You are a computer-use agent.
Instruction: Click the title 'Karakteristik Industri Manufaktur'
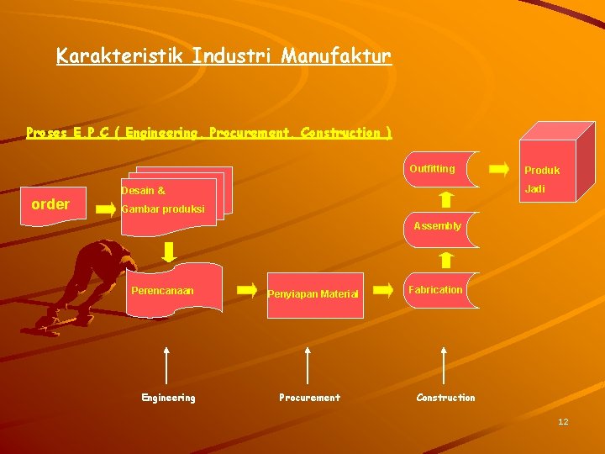pyautogui.click(x=224, y=56)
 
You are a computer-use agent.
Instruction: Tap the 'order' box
pyautogui.click(x=50, y=204)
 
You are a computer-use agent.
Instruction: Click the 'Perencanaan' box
pyautogui.click(x=174, y=291)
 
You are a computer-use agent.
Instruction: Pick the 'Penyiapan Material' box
pyautogui.click(x=313, y=294)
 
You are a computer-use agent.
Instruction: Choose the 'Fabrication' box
pyautogui.click(x=439, y=290)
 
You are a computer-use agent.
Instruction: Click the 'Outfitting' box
pyautogui.click(x=439, y=169)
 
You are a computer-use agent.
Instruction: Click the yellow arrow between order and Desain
pyautogui.click(x=106, y=208)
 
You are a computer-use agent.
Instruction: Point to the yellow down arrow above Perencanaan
pyautogui.click(x=169, y=251)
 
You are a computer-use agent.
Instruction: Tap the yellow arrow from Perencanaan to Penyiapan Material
pyautogui.click(x=247, y=290)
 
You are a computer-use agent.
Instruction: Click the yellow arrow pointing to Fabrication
pyautogui.click(x=382, y=290)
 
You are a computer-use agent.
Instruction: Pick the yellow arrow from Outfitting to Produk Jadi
pyautogui.click(x=498, y=168)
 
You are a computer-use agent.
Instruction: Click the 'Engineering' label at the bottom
pyautogui.click(x=168, y=398)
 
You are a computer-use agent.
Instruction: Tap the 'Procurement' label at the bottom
pyautogui.click(x=309, y=398)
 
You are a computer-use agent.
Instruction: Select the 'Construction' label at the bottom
pyautogui.click(x=445, y=398)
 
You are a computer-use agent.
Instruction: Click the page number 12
pyautogui.click(x=563, y=421)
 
